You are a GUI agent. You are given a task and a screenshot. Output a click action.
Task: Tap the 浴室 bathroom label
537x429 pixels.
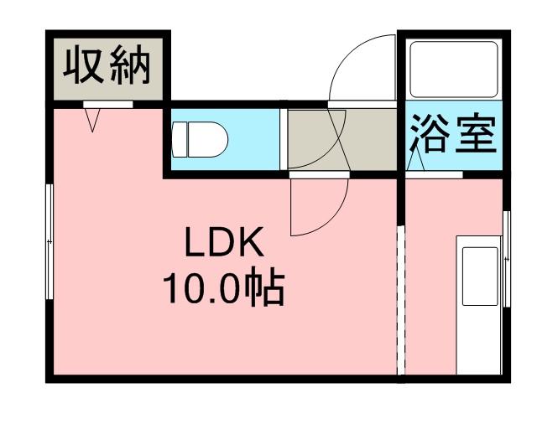point(453,133)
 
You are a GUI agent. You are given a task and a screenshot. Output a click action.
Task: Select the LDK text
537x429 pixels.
point(224,242)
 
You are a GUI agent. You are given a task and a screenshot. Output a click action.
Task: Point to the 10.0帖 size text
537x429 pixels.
point(224,286)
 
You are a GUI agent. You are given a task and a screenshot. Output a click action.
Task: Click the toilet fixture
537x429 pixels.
point(200,140)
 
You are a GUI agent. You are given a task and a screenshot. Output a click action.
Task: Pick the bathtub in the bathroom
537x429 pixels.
point(454,70)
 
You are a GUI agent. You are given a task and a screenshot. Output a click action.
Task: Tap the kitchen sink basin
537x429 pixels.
point(480,277)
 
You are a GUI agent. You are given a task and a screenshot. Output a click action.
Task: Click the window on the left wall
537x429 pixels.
point(50,241)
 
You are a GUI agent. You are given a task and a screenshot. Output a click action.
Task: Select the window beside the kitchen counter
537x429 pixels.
point(506,259)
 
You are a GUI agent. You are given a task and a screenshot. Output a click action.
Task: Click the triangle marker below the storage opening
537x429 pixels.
point(92,120)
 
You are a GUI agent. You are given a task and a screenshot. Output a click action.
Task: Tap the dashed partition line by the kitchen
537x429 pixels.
point(401,300)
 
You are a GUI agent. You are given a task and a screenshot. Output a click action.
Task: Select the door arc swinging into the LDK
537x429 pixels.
point(319,207)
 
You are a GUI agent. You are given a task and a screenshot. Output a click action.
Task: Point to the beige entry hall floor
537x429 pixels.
point(341,139)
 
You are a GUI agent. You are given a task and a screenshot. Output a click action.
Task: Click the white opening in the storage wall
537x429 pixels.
point(108,105)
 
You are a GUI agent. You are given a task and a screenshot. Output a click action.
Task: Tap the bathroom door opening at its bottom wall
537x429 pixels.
point(434,174)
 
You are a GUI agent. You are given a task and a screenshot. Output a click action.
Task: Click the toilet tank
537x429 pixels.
point(179,140)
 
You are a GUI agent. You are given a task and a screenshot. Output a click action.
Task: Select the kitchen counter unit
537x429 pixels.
point(479,305)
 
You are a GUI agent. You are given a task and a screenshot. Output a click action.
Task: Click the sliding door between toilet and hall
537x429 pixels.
point(284,139)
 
